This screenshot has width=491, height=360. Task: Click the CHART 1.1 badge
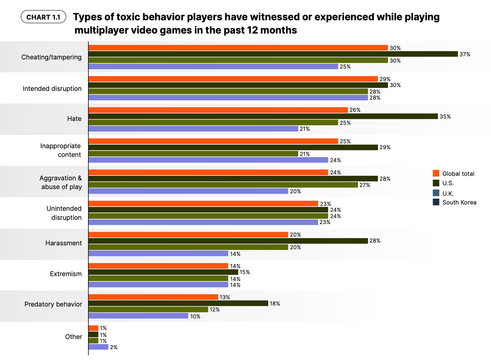coord(43,17)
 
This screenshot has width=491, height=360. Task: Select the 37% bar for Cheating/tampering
coord(273,54)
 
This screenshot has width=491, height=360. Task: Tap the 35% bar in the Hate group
coord(263,116)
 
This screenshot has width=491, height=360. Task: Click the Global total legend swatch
coord(436,173)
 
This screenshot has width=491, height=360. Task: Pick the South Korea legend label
coord(459,202)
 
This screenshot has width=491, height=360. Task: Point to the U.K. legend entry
coord(448,193)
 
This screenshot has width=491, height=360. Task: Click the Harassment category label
coord(64,243)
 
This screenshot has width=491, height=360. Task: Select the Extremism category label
coord(66,274)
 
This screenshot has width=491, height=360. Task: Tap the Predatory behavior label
coord(53,304)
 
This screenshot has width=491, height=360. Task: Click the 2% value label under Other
coord(113,347)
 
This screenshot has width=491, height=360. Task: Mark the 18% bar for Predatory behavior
coord(178,303)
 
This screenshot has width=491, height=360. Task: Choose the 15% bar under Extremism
coord(163,272)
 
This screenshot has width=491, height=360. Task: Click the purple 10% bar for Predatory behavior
coord(138,316)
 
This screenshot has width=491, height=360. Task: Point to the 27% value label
coord(365,185)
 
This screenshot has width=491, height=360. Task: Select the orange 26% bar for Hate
coord(218,110)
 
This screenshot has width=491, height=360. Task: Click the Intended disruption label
coord(52,88)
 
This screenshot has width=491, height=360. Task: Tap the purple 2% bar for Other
coord(98,347)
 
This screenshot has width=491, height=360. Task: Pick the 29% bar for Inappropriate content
coord(233,147)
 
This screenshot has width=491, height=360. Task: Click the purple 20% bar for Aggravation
coord(188,191)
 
